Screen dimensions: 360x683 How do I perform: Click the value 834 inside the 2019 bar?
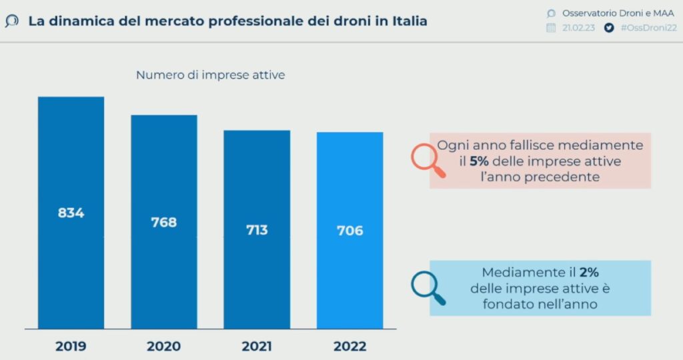click(71, 213)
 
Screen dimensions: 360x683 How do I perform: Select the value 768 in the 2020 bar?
click(163, 222)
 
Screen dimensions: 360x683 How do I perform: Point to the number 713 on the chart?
click(257, 230)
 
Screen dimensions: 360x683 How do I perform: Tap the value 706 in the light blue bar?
click(350, 231)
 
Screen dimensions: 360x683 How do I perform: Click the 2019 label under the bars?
click(71, 346)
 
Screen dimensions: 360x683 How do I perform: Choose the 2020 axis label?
click(163, 346)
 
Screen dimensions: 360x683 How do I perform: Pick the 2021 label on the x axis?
click(257, 346)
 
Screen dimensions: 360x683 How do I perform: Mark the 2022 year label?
click(350, 346)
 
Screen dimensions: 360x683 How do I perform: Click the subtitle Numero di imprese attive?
click(210, 75)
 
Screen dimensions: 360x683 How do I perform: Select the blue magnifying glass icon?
click(426, 287)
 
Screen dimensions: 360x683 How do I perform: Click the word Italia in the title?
click(407, 21)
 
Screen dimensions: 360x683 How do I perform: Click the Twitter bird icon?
click(608, 28)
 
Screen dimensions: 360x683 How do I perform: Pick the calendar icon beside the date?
click(551, 28)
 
